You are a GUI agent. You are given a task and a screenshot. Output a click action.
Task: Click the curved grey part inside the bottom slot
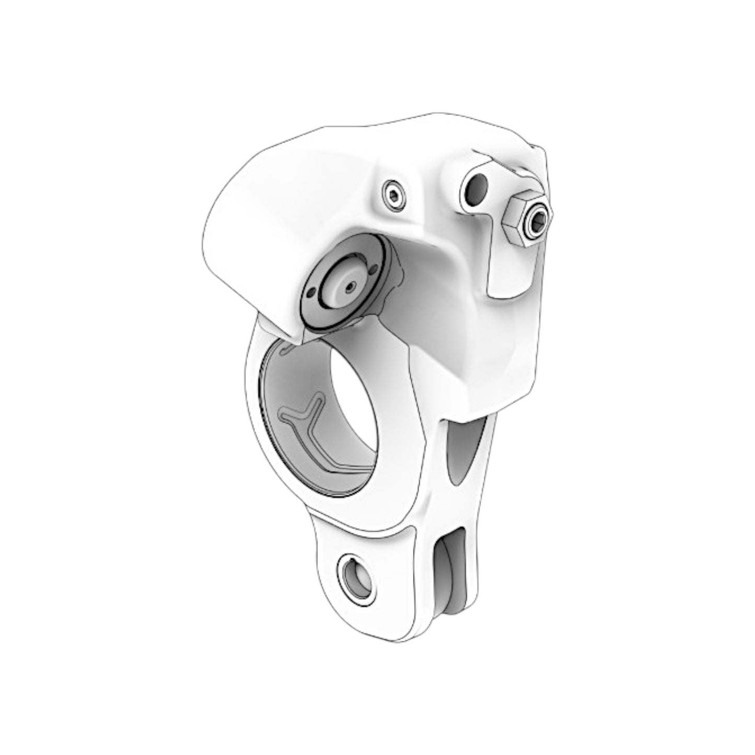coord(452,575)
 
